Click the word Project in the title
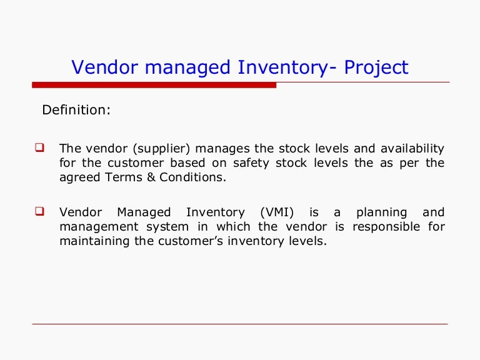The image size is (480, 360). [376, 67]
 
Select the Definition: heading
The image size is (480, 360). [76, 111]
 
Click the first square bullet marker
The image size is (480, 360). [38, 149]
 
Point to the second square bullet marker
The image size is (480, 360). [38, 212]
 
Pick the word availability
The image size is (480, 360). [406, 149]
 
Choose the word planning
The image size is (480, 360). [381, 212]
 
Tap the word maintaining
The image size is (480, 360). [92, 241]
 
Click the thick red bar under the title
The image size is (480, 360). [154, 85]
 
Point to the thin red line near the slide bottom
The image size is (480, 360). [240, 324]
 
